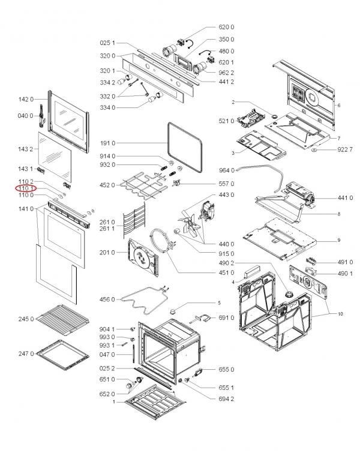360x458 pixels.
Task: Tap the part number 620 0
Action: click(226, 28)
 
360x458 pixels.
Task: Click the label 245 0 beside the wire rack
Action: click(26, 319)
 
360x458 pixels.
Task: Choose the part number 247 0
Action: click(26, 355)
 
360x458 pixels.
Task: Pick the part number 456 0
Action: click(107, 299)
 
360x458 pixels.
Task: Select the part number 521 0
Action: click(226, 121)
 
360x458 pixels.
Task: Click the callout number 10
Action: click(340, 314)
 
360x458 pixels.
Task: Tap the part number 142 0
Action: click(26, 100)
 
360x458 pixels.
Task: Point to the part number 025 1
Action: click(107, 43)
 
